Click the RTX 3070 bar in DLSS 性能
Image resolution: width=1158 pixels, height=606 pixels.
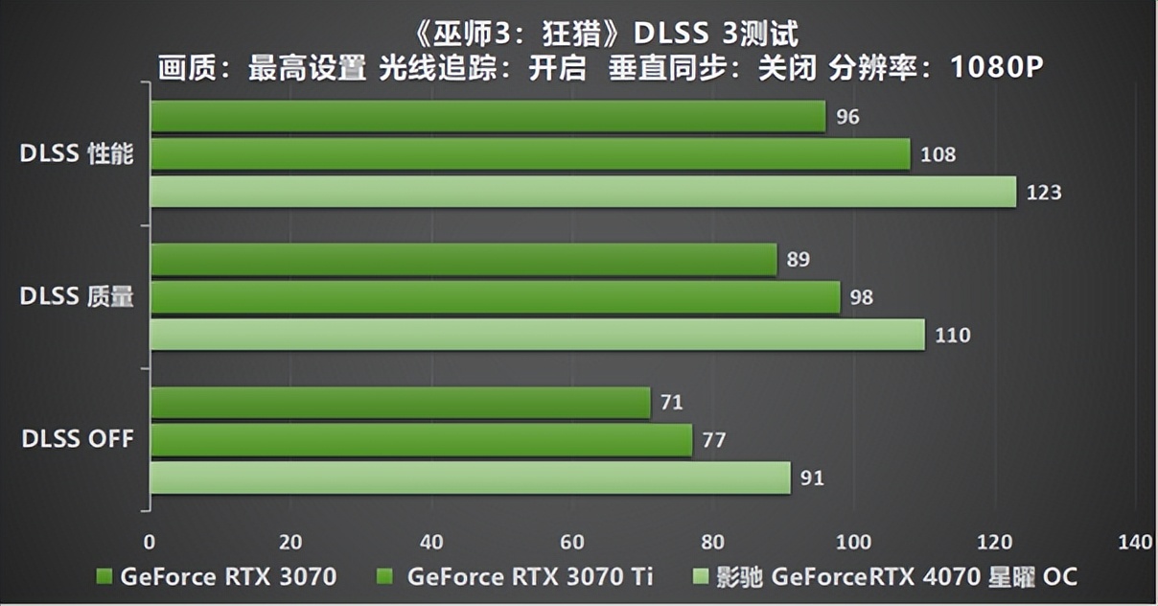pos(487,117)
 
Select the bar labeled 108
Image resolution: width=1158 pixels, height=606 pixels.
pos(529,154)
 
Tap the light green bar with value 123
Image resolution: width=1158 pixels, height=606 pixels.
pos(583,192)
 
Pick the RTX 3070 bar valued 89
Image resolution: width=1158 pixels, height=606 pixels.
pos(463,260)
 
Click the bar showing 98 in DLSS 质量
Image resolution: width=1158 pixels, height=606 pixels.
pos(495,297)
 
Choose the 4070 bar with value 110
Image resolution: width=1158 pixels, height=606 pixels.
pos(537,335)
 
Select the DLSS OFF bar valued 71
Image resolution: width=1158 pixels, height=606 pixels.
pos(400,403)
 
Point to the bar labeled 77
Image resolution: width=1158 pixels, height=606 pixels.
pos(421,440)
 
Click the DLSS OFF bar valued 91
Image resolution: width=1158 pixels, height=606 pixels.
pos(470,478)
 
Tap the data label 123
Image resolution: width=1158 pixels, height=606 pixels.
pos(1044,193)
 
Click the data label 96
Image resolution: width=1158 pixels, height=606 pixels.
pos(847,118)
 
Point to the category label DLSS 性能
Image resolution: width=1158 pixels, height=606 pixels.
pos(77,155)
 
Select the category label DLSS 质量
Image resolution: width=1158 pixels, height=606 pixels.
pos(77,298)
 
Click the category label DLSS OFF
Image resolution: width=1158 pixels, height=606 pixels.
pos(78,440)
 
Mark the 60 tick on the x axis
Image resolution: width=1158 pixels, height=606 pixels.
pos(572,543)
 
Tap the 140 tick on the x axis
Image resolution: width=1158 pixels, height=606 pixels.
pos(1135,543)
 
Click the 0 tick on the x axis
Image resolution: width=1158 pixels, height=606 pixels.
pos(150,543)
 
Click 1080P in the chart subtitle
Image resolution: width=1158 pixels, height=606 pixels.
pos(996,68)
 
